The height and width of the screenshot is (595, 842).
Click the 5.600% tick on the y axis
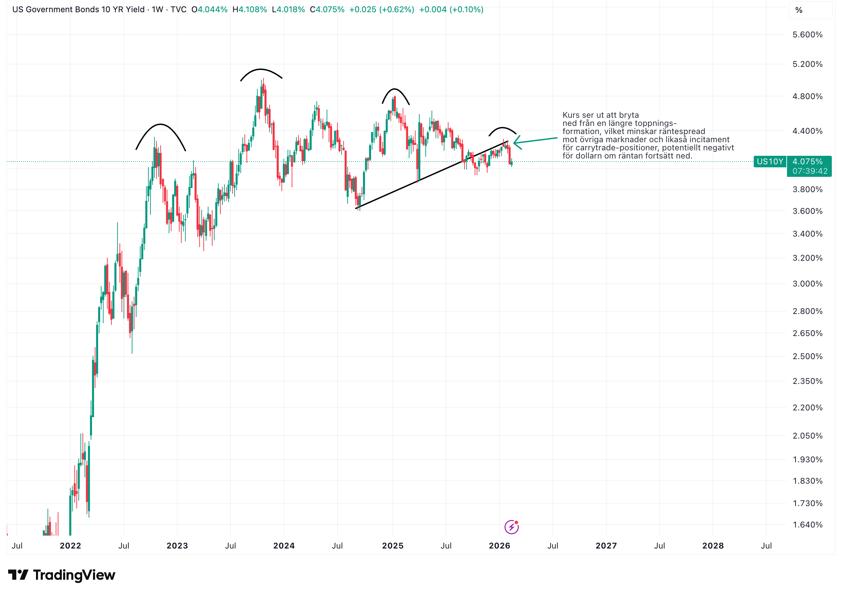pos(807,35)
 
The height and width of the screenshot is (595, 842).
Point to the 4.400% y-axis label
pos(807,131)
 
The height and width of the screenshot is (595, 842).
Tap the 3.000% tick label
pos(807,284)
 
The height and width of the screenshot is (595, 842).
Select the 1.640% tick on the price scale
pos(807,525)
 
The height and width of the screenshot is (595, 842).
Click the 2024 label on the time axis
pos(284,545)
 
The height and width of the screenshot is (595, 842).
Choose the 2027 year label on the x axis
pos(606,545)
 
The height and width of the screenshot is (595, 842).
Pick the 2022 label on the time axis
pos(70,545)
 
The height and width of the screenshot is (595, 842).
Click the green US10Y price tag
pos(770,162)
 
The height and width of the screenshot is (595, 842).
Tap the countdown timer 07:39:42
pos(810,171)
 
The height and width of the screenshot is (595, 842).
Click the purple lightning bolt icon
pos(511,527)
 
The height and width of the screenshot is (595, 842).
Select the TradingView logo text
pos(74,575)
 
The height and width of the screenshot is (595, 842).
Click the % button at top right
pos(799,10)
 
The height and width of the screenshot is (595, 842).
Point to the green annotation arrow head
pos(515,142)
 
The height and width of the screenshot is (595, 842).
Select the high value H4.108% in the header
pos(250,10)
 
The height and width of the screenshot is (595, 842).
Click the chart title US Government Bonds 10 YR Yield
pos(78,10)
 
